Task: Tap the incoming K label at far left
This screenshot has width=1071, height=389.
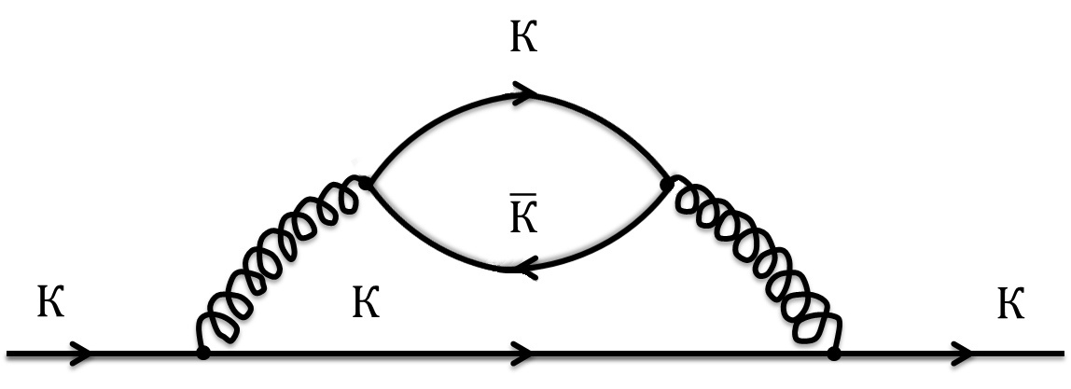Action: tap(51, 303)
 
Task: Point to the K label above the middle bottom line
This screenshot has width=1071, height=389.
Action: tap(366, 303)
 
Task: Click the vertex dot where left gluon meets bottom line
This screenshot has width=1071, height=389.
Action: tap(202, 354)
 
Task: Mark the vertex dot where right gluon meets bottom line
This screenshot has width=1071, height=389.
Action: tap(833, 354)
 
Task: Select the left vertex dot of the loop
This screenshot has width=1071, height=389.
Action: tap(368, 184)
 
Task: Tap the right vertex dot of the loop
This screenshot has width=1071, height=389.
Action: tap(666, 185)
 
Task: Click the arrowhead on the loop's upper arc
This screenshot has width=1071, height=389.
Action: tap(524, 92)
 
